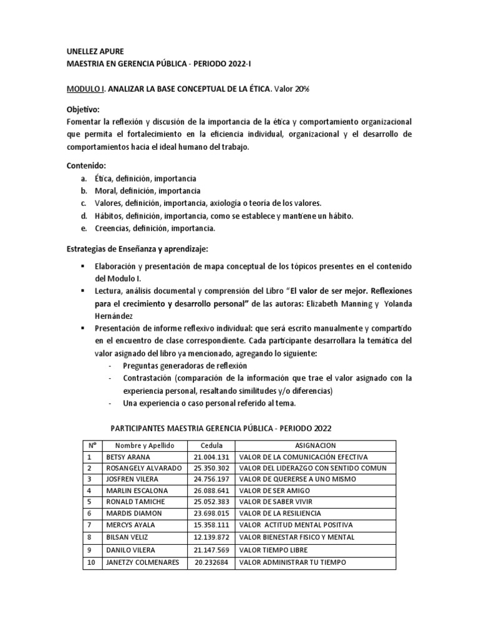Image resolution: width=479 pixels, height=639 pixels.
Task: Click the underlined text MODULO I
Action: (86, 89)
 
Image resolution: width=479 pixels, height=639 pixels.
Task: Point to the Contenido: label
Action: (87, 166)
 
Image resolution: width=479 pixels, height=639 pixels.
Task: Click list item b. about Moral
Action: (147, 191)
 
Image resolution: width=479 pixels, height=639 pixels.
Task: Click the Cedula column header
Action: (211, 446)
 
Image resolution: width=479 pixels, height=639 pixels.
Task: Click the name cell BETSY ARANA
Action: (129, 457)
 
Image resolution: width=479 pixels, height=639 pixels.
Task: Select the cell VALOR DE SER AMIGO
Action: (275, 490)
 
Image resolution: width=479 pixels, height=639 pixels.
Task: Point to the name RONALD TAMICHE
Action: (137, 502)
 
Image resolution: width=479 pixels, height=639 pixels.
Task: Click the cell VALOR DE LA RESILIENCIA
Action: (282, 513)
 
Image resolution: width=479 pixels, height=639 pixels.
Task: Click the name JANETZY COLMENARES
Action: (144, 562)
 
